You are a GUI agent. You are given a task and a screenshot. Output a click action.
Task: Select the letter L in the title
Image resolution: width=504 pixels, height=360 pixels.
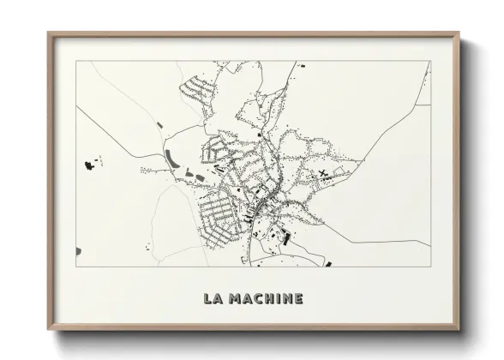click(x=207, y=299)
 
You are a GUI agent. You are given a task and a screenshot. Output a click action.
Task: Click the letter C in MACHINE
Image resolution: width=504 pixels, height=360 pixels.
click(x=255, y=299)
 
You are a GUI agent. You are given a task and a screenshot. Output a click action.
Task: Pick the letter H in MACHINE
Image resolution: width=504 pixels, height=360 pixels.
click(x=266, y=299)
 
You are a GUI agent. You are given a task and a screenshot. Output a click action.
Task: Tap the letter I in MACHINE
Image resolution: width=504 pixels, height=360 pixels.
click(x=275, y=299)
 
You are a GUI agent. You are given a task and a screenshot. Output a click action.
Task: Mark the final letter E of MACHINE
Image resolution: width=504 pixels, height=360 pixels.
click(x=297, y=299)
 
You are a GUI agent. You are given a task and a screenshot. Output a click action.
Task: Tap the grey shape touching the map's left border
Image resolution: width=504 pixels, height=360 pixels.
click(x=78, y=250)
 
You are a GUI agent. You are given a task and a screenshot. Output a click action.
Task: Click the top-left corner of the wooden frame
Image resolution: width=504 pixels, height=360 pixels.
click(x=48, y=33)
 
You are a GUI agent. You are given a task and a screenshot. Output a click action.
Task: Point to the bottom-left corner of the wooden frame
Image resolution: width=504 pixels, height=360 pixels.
click(x=48, y=329)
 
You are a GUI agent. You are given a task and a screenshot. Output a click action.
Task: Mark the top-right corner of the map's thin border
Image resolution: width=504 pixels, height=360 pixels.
click(x=430, y=61)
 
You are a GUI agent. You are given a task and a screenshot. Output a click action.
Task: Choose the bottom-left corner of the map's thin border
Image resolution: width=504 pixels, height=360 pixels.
click(x=76, y=266)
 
